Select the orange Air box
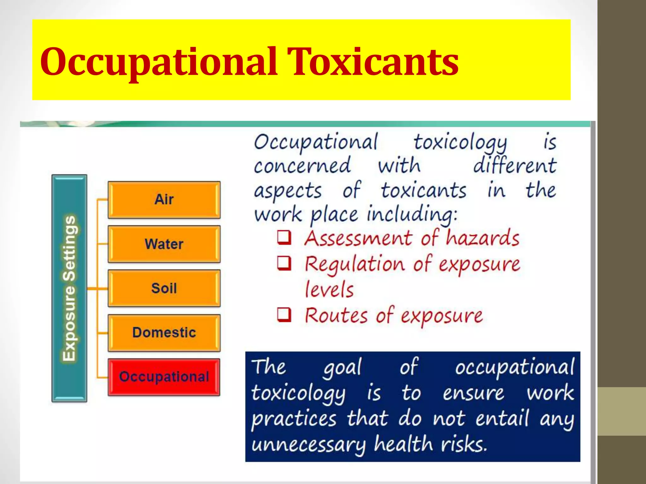coord(164,199)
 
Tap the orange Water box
coord(164,244)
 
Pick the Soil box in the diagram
coord(164,288)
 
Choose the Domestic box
coord(164,332)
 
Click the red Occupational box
coord(164,377)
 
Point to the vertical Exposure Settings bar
coord(69,288)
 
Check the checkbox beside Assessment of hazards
coord(284,238)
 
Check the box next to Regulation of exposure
coord(284,263)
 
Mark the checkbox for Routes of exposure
coord(284,314)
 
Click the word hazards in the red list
coord(482,238)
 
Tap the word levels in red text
coord(329,289)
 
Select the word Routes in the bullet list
coord(336,315)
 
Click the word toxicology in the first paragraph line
coord(460,142)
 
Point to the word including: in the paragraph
coord(412,215)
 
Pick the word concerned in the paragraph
coord(302,166)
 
